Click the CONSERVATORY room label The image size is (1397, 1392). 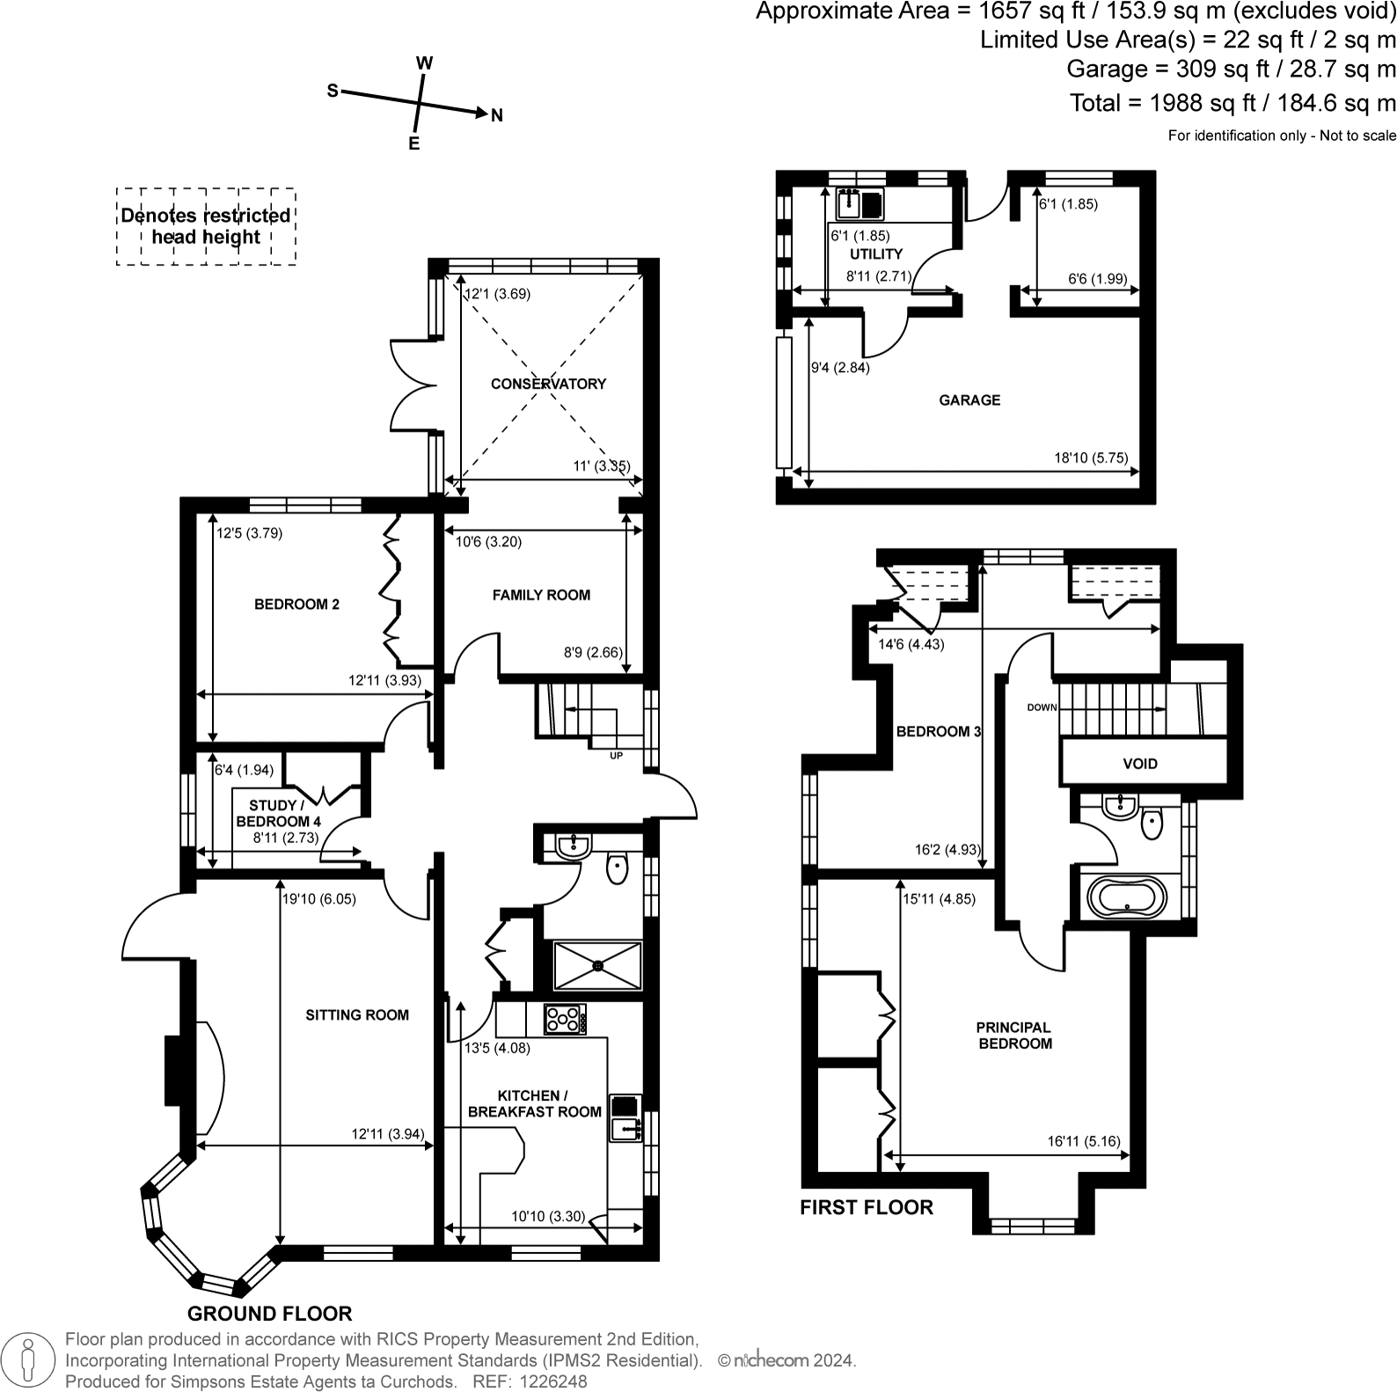click(548, 384)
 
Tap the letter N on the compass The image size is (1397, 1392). click(497, 115)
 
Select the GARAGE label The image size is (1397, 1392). click(969, 400)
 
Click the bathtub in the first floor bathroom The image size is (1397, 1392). click(1127, 898)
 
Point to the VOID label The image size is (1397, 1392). click(1140, 763)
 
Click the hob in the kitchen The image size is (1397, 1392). click(564, 1020)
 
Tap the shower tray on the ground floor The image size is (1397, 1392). click(598, 965)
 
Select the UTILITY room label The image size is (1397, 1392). click(876, 253)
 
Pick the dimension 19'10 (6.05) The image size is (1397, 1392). click(319, 899)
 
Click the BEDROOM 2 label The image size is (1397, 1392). click(296, 604)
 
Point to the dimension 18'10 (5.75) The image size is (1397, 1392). click(1091, 458)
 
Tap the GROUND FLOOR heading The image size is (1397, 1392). click(269, 1314)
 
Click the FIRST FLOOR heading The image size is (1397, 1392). click(867, 1207)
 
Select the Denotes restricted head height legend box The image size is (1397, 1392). click(206, 226)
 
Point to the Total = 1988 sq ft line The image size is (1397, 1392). click(1232, 103)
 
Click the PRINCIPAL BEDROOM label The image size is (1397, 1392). click(1014, 1035)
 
